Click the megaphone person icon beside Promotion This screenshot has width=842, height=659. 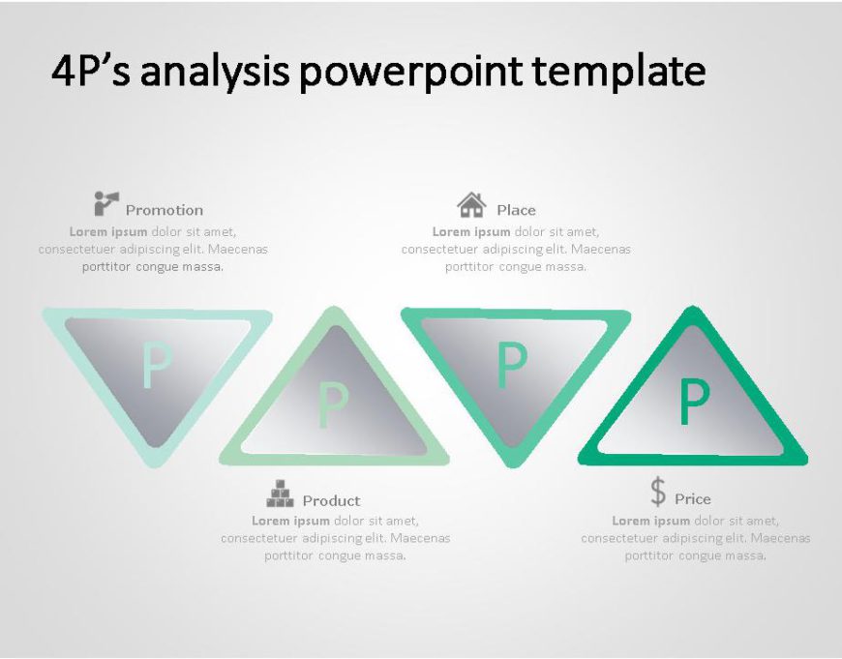click(106, 203)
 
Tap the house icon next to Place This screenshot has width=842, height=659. click(471, 204)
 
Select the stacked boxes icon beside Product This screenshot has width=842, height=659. click(280, 494)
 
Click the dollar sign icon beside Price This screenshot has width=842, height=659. click(658, 492)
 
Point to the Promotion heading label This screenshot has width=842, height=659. click(165, 210)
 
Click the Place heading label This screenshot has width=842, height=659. click(516, 210)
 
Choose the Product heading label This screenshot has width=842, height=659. click(331, 500)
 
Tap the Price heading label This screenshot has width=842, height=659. click(693, 499)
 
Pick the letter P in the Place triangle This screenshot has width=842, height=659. click(512, 365)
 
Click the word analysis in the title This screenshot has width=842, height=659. click(215, 73)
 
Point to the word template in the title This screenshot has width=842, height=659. click(619, 73)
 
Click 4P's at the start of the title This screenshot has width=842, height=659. click(91, 71)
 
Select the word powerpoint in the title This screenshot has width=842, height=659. click(410, 73)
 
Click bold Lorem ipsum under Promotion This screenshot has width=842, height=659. click(108, 232)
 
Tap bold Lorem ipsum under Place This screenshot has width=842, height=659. click(471, 232)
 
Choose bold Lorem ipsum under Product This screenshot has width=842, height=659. click(290, 521)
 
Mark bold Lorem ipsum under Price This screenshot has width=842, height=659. click(650, 521)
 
